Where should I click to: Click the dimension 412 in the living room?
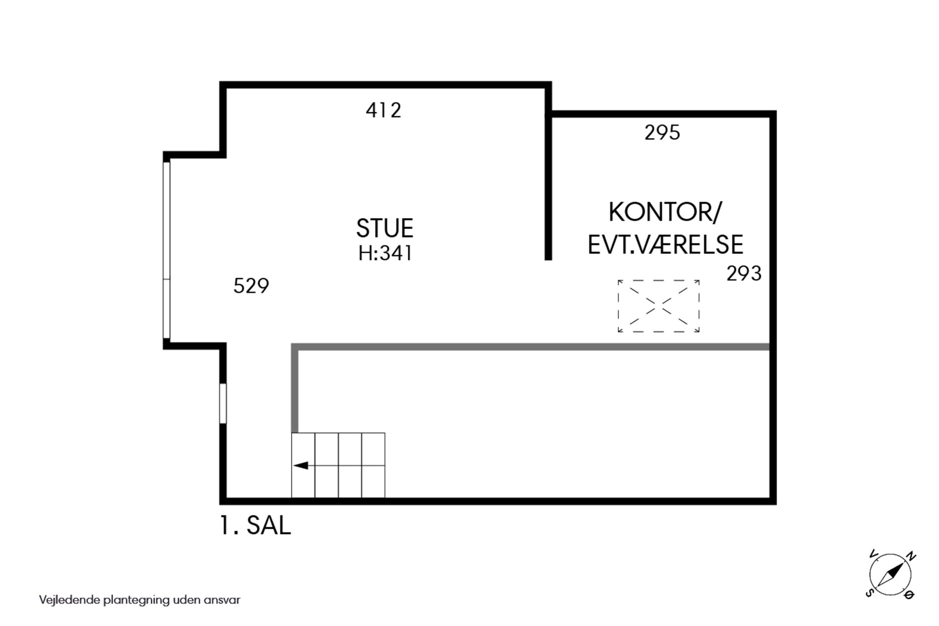(x=384, y=110)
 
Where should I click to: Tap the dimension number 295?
(x=662, y=132)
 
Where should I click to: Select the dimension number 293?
(x=744, y=273)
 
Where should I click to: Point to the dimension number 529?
(x=251, y=286)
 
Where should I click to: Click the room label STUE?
(x=384, y=228)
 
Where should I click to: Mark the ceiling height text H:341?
(x=385, y=254)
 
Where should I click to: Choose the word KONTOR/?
(x=665, y=212)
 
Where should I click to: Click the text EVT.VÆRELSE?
(x=665, y=245)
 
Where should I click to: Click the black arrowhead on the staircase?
(x=301, y=465)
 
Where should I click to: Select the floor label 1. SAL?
(x=255, y=525)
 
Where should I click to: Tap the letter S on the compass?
(x=869, y=592)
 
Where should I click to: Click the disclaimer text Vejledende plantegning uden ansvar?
(x=140, y=600)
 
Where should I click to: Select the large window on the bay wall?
(x=167, y=250)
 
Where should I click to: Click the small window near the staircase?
(x=223, y=403)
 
